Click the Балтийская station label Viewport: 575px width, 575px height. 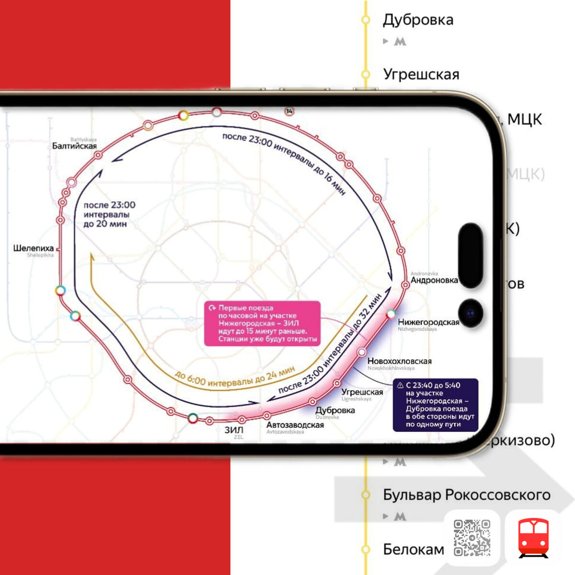(x=74, y=146)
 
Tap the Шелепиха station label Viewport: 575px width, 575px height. (x=33, y=248)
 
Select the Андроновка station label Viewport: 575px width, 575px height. (x=434, y=280)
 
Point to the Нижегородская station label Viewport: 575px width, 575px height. (x=428, y=322)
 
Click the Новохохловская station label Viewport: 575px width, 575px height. (x=399, y=361)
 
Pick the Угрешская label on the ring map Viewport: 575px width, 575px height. (x=362, y=392)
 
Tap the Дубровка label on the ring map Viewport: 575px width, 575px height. (x=335, y=411)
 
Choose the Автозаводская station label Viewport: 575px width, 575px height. (x=295, y=425)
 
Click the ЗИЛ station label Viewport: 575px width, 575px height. (x=234, y=430)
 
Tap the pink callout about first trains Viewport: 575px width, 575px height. (x=262, y=323)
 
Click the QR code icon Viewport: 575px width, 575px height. (x=472, y=538)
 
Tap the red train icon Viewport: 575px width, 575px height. (x=533, y=538)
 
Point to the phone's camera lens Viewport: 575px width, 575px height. (x=471, y=314)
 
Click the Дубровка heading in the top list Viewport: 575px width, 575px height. (x=418, y=20)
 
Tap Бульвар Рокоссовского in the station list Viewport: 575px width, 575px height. (x=467, y=494)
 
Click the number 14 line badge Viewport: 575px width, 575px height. (x=289, y=111)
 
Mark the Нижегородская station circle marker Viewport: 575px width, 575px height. (x=391, y=314)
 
